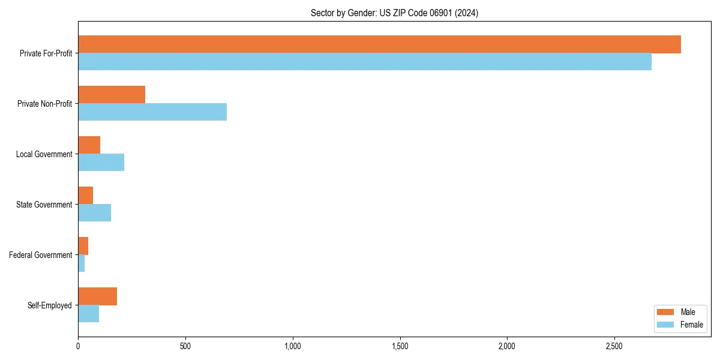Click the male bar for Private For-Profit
[x=379, y=44]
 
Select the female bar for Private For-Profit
[x=365, y=62]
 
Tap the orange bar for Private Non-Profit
[x=112, y=95]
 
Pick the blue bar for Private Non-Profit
[x=152, y=112]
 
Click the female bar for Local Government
[x=101, y=163]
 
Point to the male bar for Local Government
[x=89, y=145]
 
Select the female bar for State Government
[x=94, y=213]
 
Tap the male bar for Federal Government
[x=83, y=246]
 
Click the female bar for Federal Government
[x=81, y=263]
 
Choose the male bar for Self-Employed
[x=97, y=296]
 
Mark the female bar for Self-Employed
[x=88, y=314]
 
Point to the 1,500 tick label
[x=400, y=346]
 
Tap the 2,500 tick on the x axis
[x=614, y=346]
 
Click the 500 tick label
[x=185, y=346]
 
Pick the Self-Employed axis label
[x=50, y=305]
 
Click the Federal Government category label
[x=41, y=255]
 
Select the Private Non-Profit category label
[x=45, y=104]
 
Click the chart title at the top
[x=394, y=13]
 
